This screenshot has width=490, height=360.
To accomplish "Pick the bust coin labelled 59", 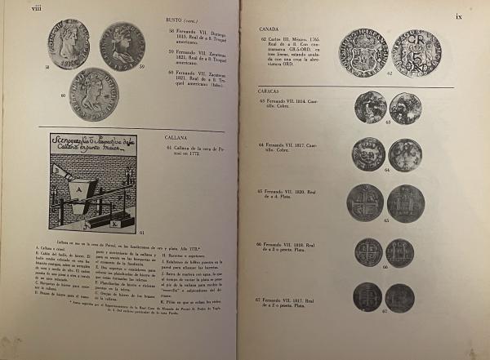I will (122, 46).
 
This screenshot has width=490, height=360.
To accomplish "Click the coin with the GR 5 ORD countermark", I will (416, 53).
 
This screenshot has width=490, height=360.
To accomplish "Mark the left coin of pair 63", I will (370, 107).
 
